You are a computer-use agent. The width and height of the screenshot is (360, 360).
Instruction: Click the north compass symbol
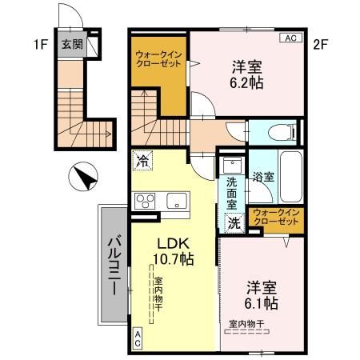pyautogui.click(x=82, y=175)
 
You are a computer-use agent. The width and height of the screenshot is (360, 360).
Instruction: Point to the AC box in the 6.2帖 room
pyautogui.click(x=289, y=38)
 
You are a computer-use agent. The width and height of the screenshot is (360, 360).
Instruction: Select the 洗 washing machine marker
pyautogui.click(x=234, y=224)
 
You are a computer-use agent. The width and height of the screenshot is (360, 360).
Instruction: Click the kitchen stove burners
pyautogui.click(x=145, y=200)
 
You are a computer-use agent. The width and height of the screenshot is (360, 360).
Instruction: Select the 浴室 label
pyautogui.click(x=264, y=178)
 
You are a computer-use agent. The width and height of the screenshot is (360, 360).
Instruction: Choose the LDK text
pyautogui.click(x=173, y=242)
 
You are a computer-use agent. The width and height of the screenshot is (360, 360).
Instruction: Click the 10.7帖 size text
pyautogui.click(x=173, y=258)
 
